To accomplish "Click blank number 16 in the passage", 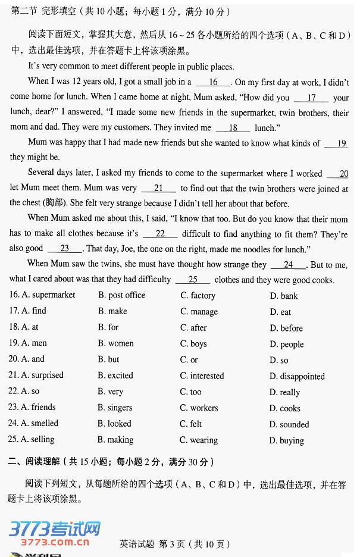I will click(213, 82).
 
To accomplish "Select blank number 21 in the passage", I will click(158, 188).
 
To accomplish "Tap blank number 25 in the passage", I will click(192, 279).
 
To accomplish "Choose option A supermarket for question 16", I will click(48, 295).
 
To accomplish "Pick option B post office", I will click(121, 295).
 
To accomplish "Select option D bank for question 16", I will click(284, 296).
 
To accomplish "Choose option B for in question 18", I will click(108, 327).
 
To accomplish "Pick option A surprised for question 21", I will click(42, 375).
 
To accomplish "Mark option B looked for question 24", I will click(114, 424).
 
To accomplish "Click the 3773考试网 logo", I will click(55, 528).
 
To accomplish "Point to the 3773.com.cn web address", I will click(55, 542).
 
